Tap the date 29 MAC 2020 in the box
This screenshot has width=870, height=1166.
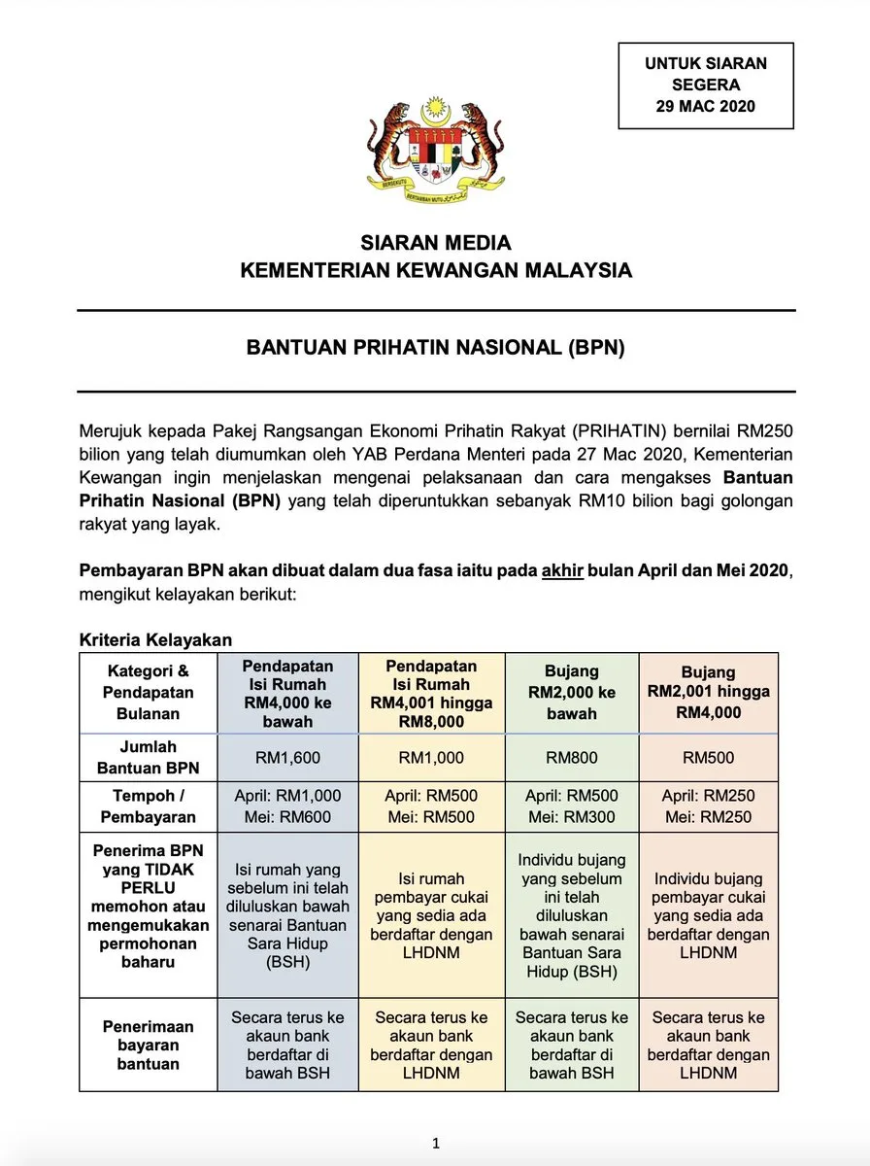tap(705, 106)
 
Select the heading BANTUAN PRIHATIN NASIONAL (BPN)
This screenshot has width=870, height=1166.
tap(435, 349)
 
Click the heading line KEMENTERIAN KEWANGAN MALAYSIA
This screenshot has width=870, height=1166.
tap(436, 270)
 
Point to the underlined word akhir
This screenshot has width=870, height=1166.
tap(562, 570)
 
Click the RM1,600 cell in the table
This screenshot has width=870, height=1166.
tap(287, 758)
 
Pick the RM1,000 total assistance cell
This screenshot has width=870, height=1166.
tap(431, 758)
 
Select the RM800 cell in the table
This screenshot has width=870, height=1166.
tap(571, 758)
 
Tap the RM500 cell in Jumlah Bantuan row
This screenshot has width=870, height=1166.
tap(708, 758)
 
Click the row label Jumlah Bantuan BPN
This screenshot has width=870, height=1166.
tap(148, 758)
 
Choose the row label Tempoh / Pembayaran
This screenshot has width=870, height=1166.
tap(148, 806)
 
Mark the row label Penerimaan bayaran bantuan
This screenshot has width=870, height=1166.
tap(148, 1045)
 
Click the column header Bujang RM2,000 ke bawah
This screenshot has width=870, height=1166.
tap(571, 693)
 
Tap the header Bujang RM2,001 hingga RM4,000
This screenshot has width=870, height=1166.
tap(708, 692)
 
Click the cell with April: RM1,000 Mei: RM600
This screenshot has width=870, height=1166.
tap(287, 806)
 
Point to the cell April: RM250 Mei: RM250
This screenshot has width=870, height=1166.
tap(708, 806)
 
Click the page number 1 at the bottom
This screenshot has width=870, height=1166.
tap(436, 1144)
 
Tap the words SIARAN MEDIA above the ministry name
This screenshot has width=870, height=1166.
tap(436, 243)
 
